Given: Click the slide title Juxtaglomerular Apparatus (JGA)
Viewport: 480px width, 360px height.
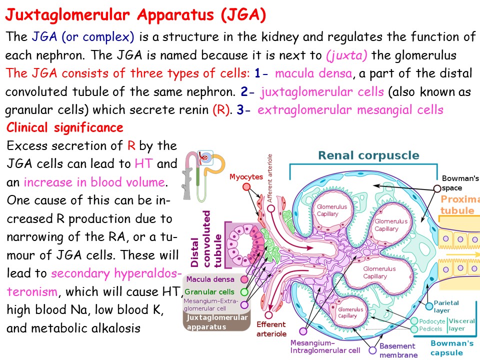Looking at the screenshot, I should click(135, 15).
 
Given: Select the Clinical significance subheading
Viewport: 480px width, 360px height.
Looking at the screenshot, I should click(65, 127).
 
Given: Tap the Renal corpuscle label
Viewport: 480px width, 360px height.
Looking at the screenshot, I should click(368, 155).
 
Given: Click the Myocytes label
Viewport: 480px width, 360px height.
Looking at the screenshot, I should click(246, 177).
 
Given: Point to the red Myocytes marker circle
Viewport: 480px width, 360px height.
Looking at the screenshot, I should click(246, 187).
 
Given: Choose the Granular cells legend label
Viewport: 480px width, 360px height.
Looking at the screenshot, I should click(209, 291).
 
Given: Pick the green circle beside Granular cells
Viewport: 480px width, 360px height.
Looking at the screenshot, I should click(244, 291).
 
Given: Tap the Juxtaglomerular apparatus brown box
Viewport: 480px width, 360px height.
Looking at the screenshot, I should click(216, 322).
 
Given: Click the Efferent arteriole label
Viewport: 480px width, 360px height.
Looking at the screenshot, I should click(271, 329).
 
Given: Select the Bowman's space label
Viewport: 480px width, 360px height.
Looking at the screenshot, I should click(460, 183).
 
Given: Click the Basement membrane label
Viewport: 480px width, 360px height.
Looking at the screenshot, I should click(398, 350).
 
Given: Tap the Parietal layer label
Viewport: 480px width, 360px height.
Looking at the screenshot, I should click(446, 306).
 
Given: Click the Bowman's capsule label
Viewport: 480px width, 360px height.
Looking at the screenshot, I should click(452, 347).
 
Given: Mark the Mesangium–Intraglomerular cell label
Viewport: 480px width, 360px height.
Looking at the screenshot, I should click(325, 346).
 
